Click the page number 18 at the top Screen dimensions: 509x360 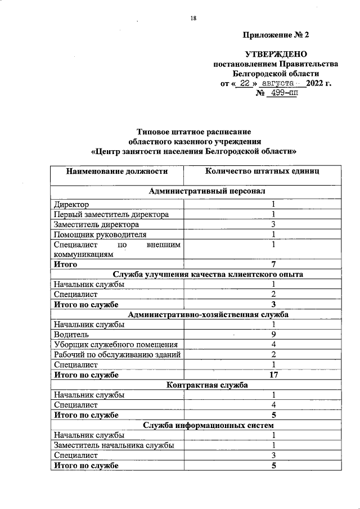(x=193, y=19)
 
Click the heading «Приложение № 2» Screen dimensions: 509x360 (x=276, y=35)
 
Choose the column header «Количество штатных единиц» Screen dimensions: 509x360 (x=262, y=171)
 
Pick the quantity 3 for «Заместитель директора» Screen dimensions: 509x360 (x=273, y=224)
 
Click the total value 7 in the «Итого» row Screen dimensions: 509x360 (x=273, y=264)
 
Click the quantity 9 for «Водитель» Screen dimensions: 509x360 (x=273, y=335)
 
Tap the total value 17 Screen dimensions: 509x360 (x=273, y=375)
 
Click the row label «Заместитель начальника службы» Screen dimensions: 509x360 (x=113, y=445)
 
